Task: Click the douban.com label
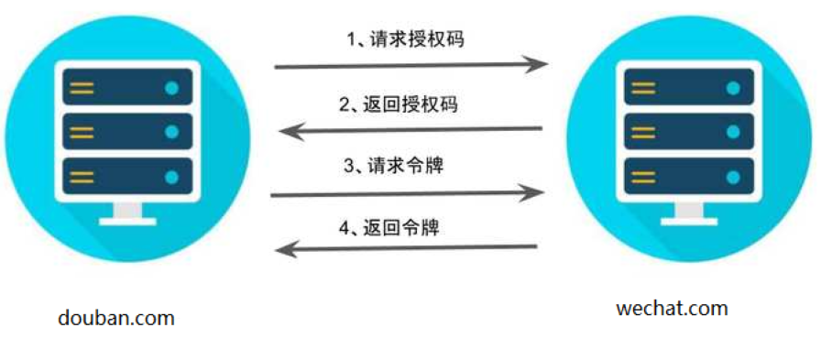point(115,318)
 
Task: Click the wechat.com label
point(673,308)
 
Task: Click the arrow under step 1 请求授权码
point(411,64)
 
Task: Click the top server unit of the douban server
point(127,87)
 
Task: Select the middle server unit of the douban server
point(127,132)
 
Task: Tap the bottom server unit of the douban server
point(127,176)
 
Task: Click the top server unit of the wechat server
point(688,88)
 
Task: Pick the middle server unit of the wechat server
point(688,132)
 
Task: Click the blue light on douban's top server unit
point(171,88)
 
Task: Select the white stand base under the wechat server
point(688,215)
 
